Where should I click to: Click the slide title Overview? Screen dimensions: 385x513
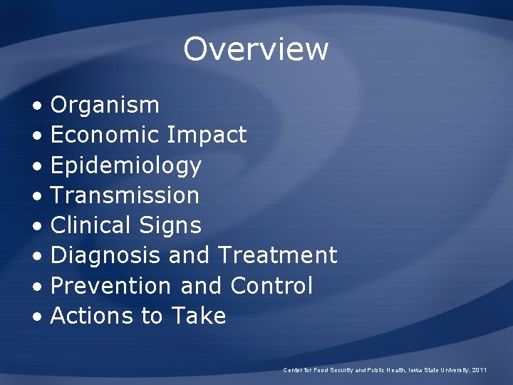point(256,49)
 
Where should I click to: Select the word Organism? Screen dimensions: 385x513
point(105,105)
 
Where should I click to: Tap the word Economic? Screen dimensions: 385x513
point(105,135)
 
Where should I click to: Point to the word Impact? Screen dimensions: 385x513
point(207,135)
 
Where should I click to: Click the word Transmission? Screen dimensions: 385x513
point(125,195)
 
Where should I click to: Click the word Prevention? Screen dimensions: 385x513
point(111,285)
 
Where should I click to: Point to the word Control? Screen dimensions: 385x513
point(271,285)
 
